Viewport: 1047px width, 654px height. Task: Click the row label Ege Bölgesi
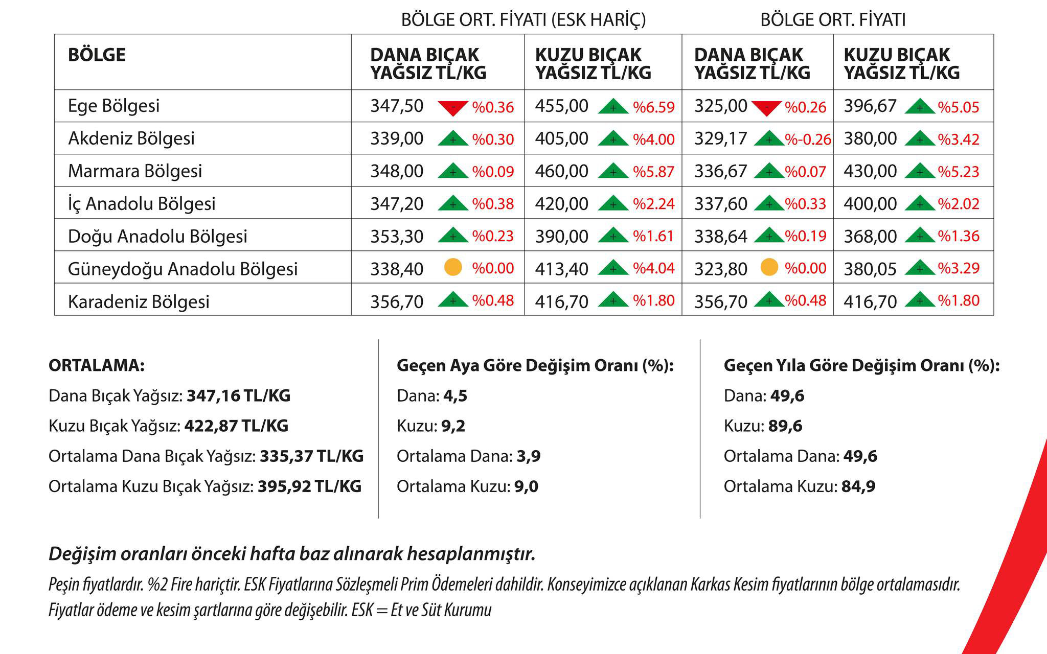point(113,106)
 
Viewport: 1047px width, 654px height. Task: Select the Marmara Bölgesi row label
point(135,171)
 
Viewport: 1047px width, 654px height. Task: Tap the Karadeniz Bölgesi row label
point(139,301)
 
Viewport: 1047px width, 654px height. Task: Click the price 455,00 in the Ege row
point(562,106)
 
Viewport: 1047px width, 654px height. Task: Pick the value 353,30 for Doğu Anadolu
point(397,237)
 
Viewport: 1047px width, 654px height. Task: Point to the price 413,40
point(562,269)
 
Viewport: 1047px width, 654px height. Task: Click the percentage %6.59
point(654,107)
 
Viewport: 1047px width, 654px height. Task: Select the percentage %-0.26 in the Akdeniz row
point(808,139)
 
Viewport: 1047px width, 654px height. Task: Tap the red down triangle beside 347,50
point(453,108)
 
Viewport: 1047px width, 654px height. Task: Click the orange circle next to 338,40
point(453,267)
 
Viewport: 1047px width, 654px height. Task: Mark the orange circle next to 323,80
point(769,267)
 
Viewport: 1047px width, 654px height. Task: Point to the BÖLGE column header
point(97,55)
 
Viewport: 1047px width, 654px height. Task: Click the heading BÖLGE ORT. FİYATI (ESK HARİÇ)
point(523,19)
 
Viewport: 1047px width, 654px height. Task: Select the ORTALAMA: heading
point(97,366)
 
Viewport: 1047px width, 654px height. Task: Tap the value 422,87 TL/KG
point(236,426)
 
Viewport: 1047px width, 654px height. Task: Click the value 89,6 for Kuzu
point(785,426)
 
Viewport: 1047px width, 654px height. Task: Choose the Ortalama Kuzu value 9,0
point(526,486)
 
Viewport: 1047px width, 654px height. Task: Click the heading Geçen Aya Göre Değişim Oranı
point(535,366)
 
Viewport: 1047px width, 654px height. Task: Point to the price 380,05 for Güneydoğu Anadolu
point(870,269)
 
